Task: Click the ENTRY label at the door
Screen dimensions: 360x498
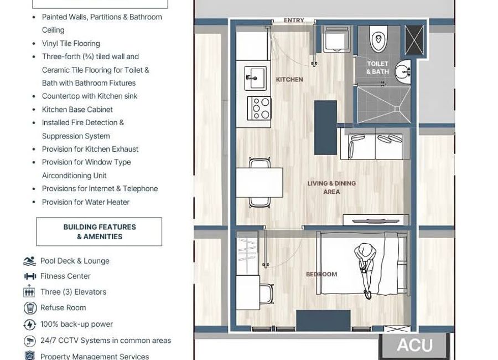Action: tap(294, 20)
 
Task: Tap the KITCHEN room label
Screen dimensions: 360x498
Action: tap(289, 80)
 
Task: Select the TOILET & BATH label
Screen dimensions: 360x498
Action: tap(377, 68)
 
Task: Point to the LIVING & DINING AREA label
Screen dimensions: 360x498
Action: tap(331, 187)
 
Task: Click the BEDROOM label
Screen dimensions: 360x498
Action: tap(321, 274)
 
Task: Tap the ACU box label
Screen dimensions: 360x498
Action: tap(414, 345)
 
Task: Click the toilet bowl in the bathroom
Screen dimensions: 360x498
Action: tap(378, 39)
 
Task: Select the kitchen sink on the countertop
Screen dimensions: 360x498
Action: tap(256, 78)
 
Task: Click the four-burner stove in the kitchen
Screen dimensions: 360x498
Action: tap(258, 108)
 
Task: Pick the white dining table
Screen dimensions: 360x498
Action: tap(259, 182)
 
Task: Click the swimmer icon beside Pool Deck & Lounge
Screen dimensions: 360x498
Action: tap(30, 261)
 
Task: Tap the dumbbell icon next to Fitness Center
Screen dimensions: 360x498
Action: tap(30, 276)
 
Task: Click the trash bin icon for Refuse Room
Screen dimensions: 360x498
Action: tap(30, 308)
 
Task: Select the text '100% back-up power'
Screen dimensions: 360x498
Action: tap(76, 324)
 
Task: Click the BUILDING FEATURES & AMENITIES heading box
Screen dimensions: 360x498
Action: tap(99, 232)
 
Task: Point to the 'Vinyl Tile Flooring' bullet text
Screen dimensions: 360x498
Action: tap(71, 43)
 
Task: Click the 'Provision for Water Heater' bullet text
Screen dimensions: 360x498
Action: tap(86, 202)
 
